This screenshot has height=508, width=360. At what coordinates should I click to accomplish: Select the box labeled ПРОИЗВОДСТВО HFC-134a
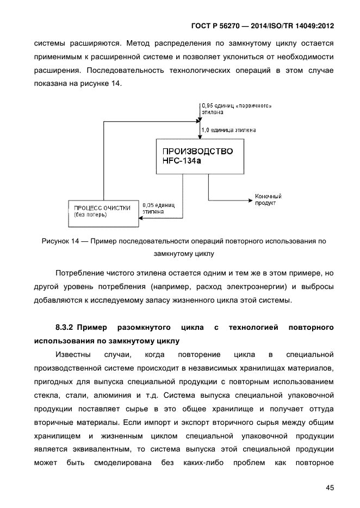[198, 156]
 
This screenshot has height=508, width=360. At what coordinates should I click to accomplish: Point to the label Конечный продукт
[268, 199]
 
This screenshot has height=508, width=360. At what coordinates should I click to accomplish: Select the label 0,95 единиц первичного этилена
[236, 108]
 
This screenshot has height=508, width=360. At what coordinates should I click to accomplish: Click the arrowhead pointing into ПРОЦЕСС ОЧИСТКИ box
[140, 218]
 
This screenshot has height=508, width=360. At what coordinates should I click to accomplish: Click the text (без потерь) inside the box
[90, 215]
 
